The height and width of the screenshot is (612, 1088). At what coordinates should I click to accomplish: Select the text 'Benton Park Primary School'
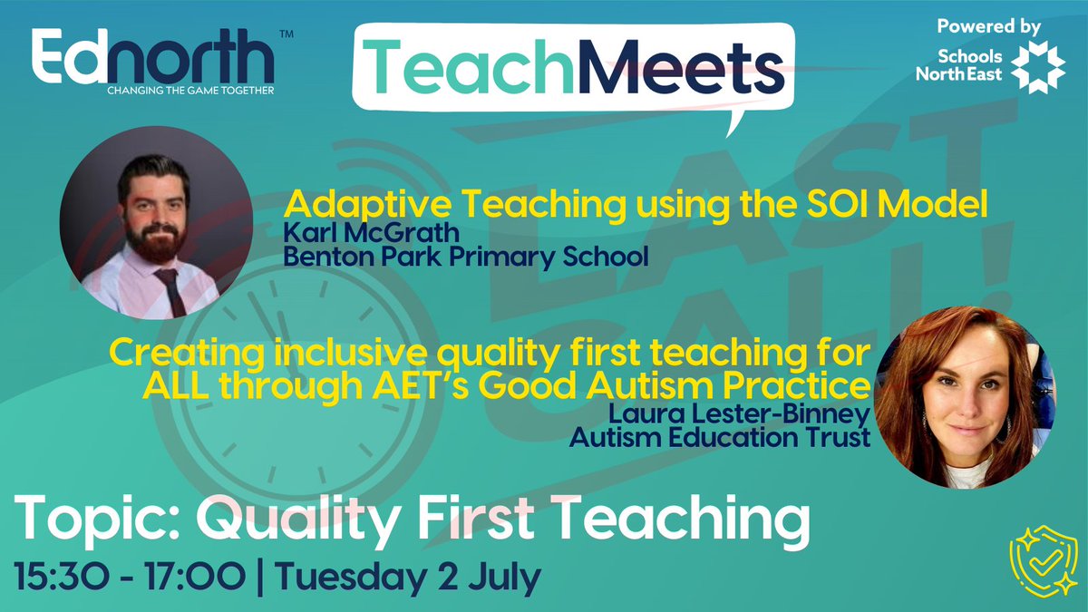(466, 257)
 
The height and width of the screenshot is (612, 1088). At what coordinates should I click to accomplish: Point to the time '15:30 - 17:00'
(127, 575)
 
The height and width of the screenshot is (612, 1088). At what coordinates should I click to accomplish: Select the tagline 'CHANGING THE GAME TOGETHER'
(190, 90)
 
